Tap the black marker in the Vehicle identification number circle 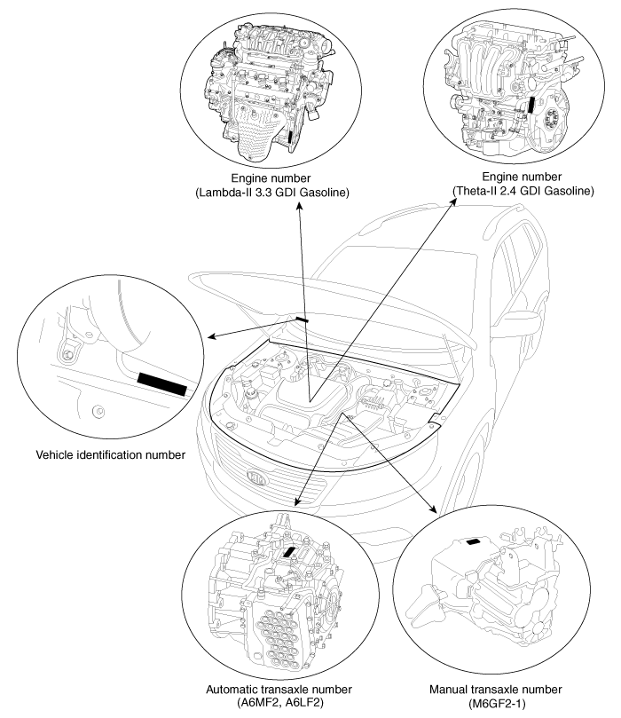162,384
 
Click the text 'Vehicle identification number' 110,456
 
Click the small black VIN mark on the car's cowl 303,318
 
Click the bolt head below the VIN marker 99,410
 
